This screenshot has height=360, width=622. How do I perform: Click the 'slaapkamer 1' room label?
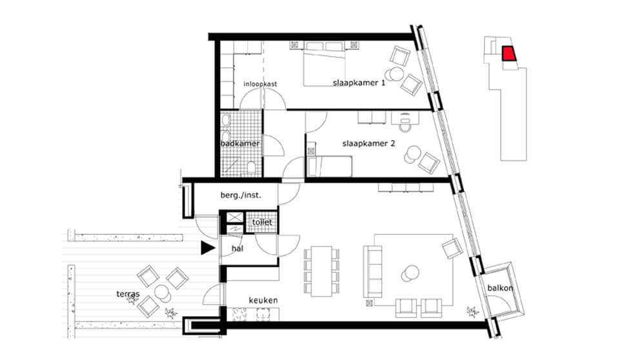point(359,83)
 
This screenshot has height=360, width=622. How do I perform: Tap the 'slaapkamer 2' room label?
point(368,143)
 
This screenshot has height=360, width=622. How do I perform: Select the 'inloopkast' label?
point(260,84)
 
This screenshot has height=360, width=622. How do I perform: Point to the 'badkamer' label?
point(240,143)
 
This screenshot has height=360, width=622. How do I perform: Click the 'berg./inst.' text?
point(241,195)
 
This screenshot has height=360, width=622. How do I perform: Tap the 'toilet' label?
point(262,223)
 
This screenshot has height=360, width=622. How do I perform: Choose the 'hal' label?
point(237,248)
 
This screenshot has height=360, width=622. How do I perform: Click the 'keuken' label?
point(263,301)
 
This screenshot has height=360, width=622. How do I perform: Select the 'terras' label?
point(128,294)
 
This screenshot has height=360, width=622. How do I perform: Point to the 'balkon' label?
point(500,288)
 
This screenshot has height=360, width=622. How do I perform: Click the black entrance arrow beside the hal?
point(207,248)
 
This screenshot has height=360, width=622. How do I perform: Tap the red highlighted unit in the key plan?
point(508,54)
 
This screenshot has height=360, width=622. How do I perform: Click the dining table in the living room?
point(321,271)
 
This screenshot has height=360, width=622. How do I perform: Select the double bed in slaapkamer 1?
point(324,65)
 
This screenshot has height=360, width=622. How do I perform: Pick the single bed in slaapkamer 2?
point(329,166)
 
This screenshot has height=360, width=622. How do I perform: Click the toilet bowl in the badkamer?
point(251,167)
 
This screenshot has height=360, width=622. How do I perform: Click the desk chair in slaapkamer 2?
point(404,124)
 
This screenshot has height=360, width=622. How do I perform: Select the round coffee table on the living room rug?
point(410,273)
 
